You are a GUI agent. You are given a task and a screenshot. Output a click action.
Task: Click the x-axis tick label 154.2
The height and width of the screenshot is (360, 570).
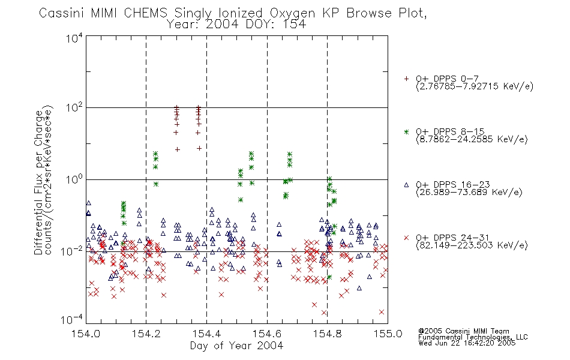(x=146, y=334)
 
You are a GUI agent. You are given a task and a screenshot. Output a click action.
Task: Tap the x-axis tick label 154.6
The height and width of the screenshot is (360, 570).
(x=267, y=334)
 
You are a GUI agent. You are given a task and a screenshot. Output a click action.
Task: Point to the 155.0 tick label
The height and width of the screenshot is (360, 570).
(x=388, y=334)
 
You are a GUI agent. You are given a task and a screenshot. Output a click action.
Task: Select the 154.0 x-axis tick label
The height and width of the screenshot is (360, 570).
(x=86, y=334)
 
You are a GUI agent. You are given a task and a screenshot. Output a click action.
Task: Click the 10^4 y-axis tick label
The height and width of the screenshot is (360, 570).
(x=74, y=38)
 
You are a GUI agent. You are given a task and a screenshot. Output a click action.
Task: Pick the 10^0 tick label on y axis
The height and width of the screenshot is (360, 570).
(x=74, y=179)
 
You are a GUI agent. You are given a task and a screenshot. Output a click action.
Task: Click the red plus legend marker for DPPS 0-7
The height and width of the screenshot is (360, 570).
(x=406, y=79)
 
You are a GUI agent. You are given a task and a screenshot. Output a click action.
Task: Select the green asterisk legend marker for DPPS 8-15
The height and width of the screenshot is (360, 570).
(x=406, y=131)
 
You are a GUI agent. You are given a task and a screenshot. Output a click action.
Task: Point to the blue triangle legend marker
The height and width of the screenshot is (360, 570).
(x=406, y=185)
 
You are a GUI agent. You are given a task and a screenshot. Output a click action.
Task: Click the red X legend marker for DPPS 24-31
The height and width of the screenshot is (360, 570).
(x=406, y=238)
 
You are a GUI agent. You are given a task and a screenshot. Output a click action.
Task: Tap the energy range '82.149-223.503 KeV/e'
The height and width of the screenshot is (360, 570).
(x=472, y=245)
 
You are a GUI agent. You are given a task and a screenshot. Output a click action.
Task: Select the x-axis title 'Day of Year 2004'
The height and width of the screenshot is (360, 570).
(x=236, y=346)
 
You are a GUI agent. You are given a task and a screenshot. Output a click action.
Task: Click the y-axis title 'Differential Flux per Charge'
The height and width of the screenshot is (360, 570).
(x=39, y=182)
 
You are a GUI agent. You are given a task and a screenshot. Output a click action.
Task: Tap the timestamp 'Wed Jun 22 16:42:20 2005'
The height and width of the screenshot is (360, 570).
(x=467, y=343)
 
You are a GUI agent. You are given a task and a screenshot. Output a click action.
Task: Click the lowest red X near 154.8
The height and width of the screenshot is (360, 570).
(x=324, y=313)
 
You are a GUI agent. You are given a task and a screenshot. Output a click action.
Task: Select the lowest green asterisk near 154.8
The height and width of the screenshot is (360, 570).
(x=329, y=277)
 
